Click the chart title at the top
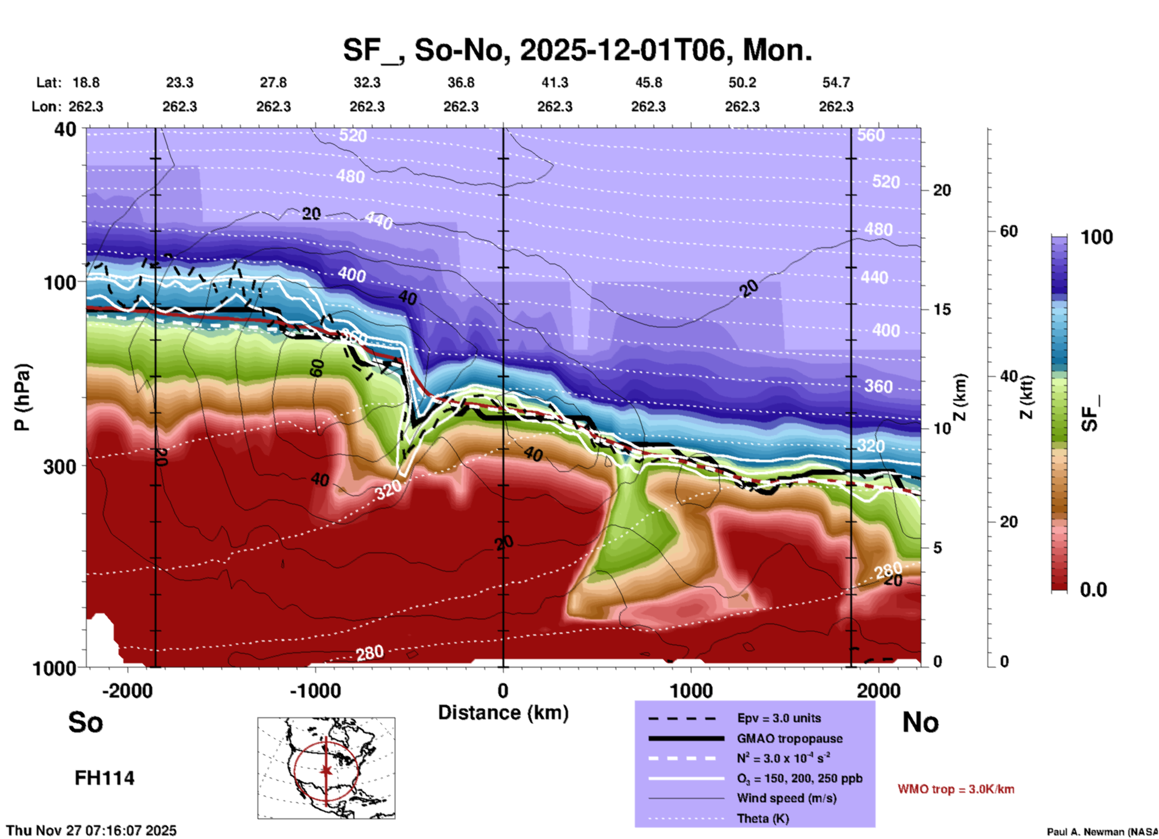[x=578, y=50]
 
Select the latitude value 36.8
[x=461, y=82]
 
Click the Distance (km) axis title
[x=503, y=713]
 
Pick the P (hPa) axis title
[x=22, y=397]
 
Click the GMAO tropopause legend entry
[x=790, y=738]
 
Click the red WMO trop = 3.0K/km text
[x=956, y=789]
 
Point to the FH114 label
[x=104, y=778]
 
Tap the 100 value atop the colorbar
[x=1096, y=237]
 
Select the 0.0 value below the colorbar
[x=1093, y=590]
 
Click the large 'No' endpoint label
[x=920, y=722]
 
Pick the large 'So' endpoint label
[x=85, y=722]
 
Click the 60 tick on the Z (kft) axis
[x=1009, y=231]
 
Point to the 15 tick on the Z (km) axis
[x=942, y=309]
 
